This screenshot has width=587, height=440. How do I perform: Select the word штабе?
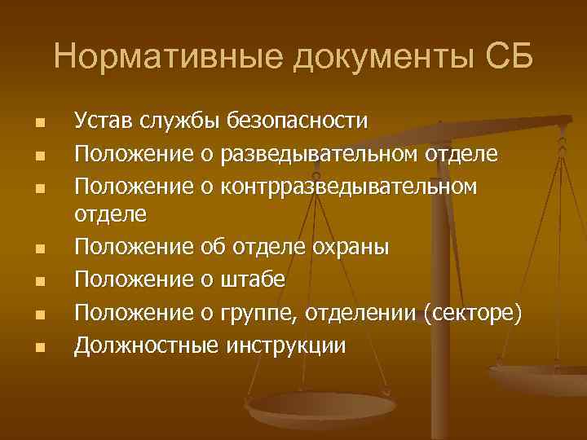[x=253, y=279]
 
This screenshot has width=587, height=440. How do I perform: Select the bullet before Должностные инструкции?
[x=38, y=346]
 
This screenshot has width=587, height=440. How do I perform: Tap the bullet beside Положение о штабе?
[x=38, y=282]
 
